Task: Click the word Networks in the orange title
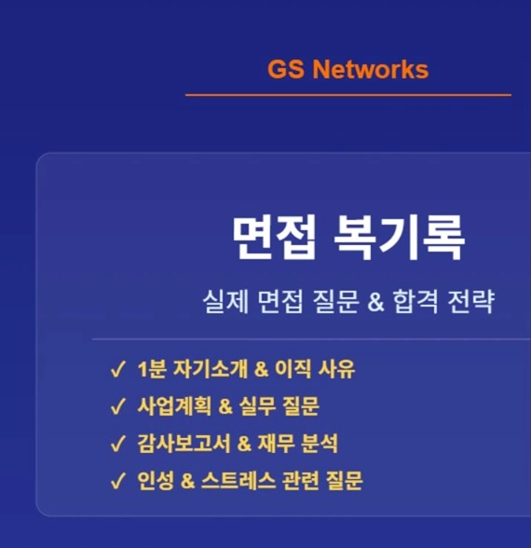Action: [x=371, y=69]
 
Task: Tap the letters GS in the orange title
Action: [x=285, y=69]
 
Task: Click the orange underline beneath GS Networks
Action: [x=348, y=95]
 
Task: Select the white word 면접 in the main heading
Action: [x=275, y=239]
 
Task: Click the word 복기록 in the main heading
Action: [x=400, y=239]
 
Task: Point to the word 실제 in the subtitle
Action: [x=225, y=302]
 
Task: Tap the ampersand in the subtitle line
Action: [x=375, y=302]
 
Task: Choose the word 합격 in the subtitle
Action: [x=415, y=302]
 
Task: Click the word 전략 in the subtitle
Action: [x=471, y=302]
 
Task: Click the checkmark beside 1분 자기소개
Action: [x=117, y=370]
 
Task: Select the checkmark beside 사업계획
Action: [x=117, y=406]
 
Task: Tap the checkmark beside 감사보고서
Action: [x=117, y=444]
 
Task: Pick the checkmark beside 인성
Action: [x=117, y=481]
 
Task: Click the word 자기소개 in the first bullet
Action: [x=211, y=369]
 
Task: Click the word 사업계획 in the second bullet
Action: [x=174, y=406]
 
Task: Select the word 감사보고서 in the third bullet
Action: [x=184, y=444]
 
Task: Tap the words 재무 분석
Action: [x=298, y=444]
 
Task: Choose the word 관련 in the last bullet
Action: [x=300, y=481]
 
